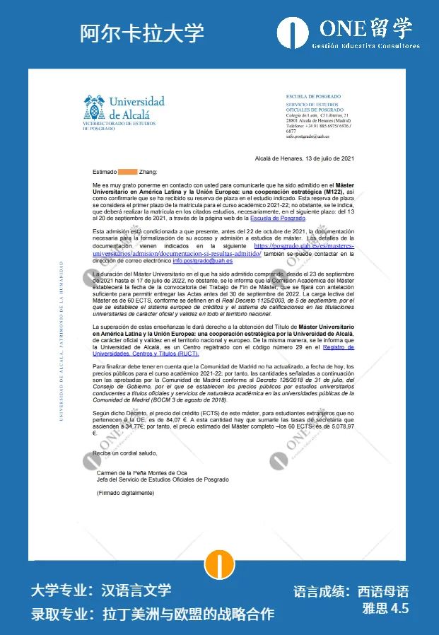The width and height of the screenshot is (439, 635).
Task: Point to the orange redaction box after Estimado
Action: (127, 172)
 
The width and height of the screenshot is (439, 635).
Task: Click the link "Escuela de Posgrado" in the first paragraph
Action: (278, 219)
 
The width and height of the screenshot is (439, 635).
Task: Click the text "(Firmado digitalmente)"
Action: (124, 493)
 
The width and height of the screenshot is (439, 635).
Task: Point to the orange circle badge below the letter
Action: (219, 564)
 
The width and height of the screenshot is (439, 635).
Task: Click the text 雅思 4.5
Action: (385, 610)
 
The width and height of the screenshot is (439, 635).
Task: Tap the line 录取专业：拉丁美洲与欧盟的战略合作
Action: (152, 613)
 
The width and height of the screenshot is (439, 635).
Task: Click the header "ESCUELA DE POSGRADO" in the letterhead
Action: (312, 96)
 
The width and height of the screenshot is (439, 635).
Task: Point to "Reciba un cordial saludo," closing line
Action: (125, 453)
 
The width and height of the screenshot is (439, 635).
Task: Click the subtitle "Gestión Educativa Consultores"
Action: (365, 46)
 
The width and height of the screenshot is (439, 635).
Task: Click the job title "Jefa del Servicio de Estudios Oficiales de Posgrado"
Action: (163, 479)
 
